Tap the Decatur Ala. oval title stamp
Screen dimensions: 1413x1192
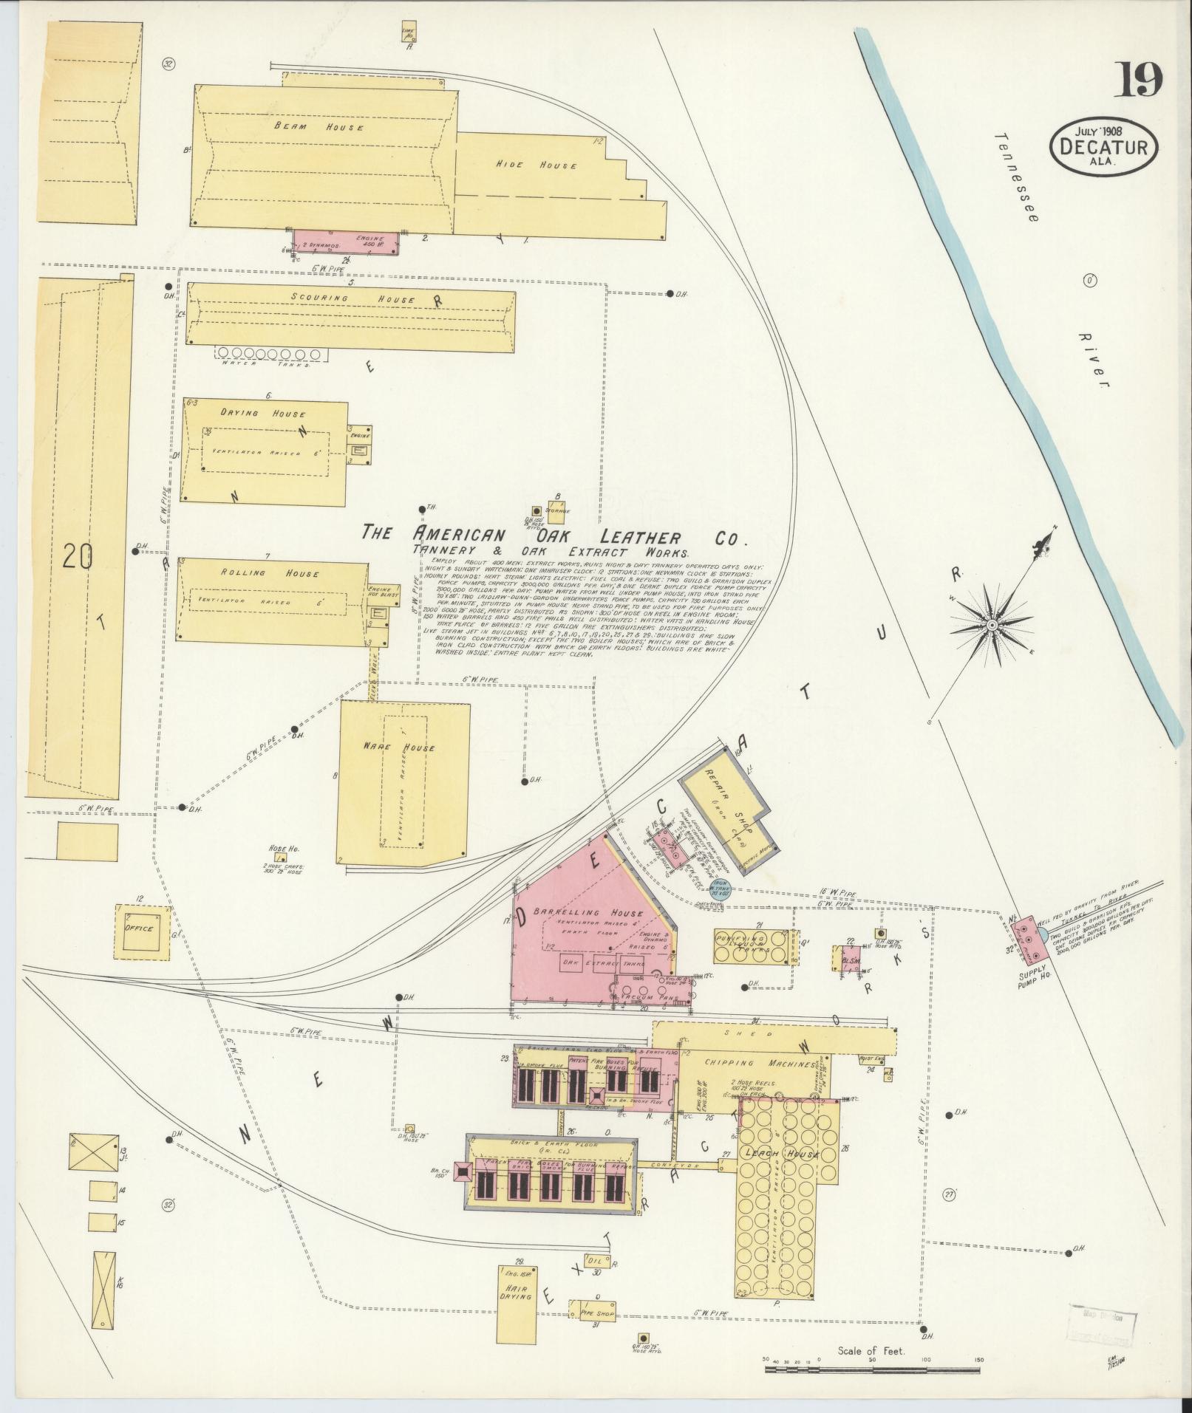click(1103, 149)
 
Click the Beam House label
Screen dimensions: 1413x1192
click(319, 127)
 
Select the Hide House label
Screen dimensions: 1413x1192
click(536, 165)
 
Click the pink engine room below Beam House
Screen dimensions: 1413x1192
click(347, 241)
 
